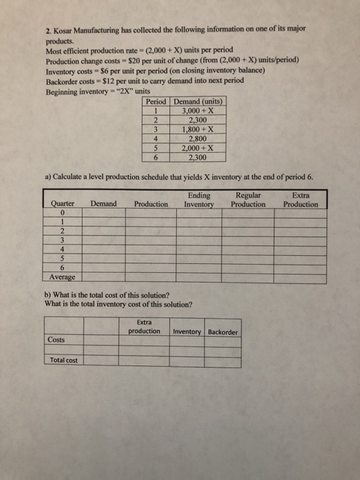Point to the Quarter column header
(62, 204)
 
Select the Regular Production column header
(248, 200)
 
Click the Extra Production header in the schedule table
(300, 200)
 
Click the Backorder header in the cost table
(223, 333)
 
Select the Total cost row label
(63, 360)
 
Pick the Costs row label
(58, 340)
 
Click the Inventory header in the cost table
(187, 333)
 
